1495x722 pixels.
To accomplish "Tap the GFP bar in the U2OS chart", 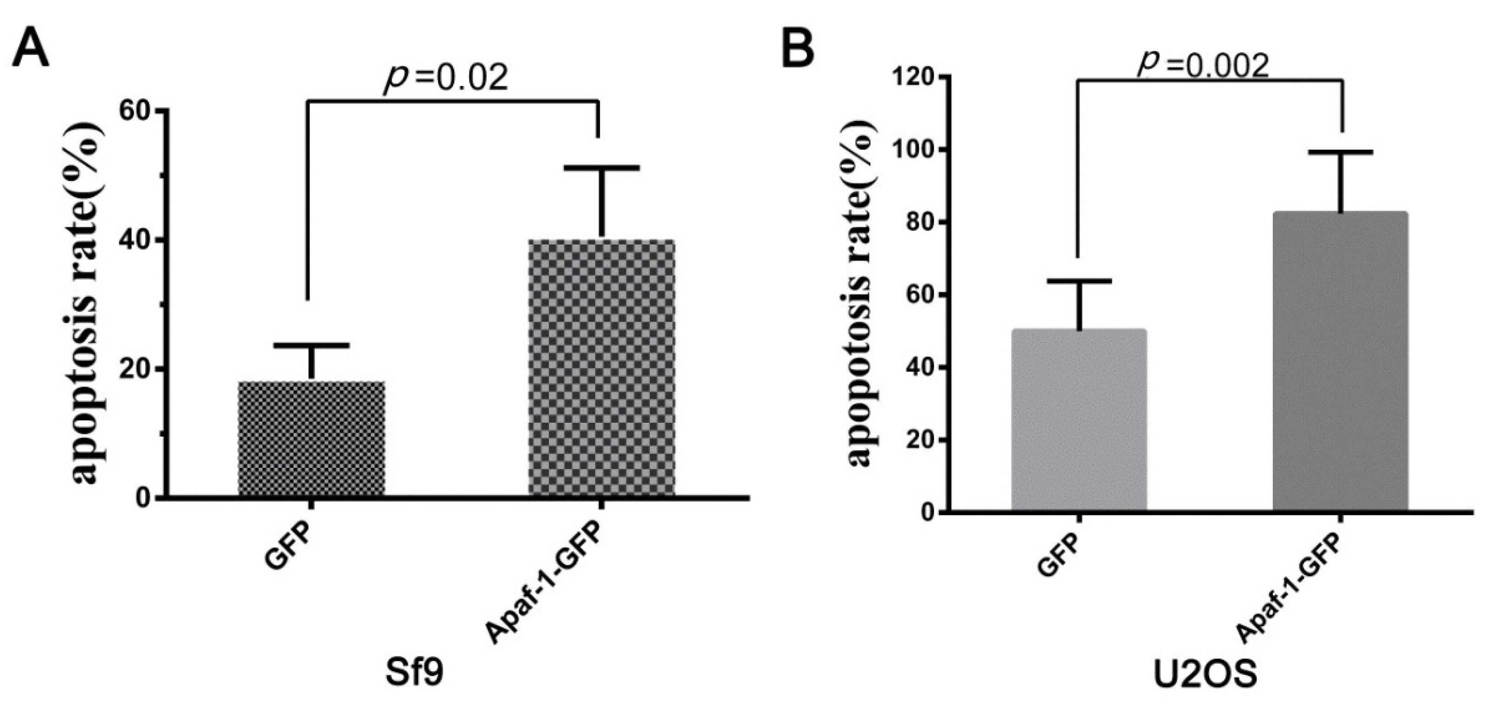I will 1078,420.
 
